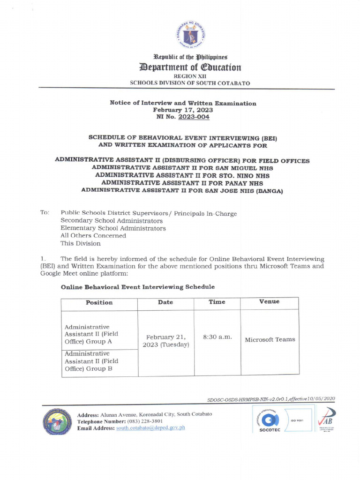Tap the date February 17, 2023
click(183, 110)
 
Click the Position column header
click(99, 302)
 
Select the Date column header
click(165, 302)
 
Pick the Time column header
click(217, 302)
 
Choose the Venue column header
click(269, 301)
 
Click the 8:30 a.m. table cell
click(217, 337)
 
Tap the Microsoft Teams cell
click(270, 339)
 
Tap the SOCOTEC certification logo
click(269, 421)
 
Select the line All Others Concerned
click(93, 236)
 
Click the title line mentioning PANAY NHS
click(182, 183)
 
